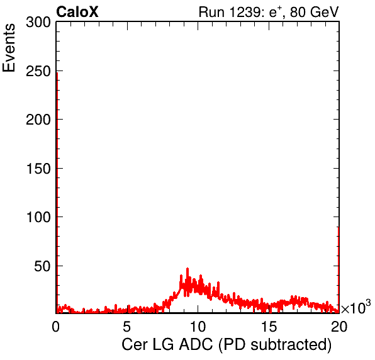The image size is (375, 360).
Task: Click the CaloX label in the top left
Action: point(77,12)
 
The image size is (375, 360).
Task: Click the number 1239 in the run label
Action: point(245,12)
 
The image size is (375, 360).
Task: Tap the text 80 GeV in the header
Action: point(314,12)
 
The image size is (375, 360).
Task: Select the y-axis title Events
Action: point(9,48)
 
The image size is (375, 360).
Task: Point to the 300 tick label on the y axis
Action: point(38,23)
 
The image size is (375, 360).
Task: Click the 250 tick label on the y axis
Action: point(38,71)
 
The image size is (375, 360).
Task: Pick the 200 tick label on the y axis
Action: point(38,120)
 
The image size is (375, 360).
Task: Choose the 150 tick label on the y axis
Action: point(38,169)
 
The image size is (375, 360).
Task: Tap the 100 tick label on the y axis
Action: point(38,217)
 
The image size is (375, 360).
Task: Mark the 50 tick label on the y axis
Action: point(42,266)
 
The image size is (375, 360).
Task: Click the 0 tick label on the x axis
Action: point(56,327)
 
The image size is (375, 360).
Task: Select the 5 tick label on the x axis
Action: point(126,327)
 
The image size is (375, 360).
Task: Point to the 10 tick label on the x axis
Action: point(198,327)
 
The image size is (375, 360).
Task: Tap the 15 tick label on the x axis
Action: point(269,327)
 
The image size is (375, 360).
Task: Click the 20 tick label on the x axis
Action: point(339,327)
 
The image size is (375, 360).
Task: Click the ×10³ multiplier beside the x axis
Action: point(356,307)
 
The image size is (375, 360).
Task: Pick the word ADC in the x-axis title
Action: point(196,344)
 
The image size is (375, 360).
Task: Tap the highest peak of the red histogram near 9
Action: point(187,269)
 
